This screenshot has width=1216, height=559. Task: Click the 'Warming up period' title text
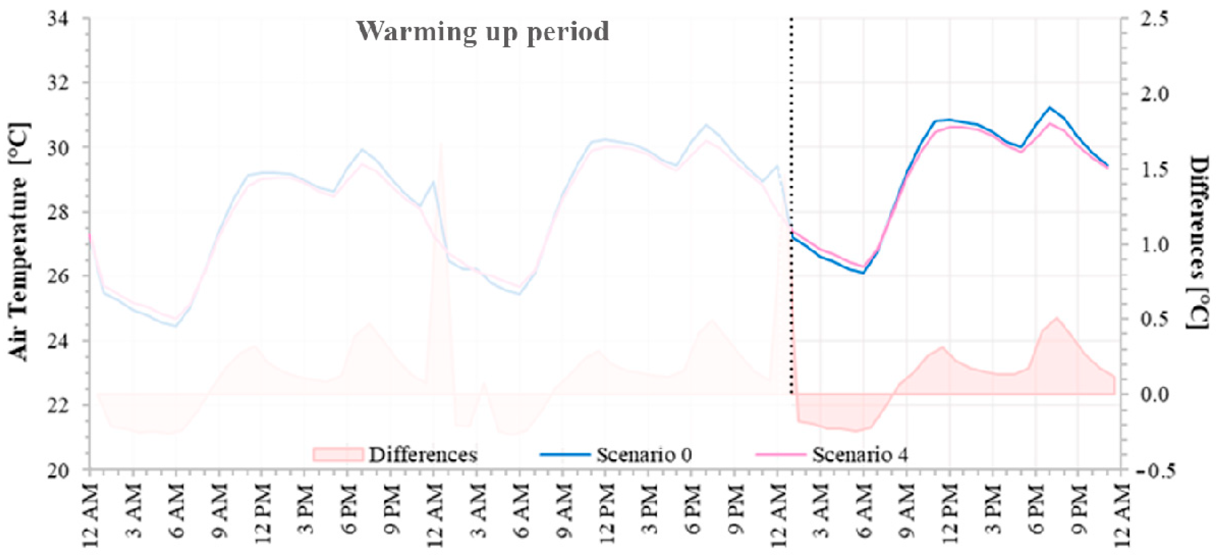(x=483, y=32)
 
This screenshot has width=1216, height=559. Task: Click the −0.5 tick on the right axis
(x=1152, y=471)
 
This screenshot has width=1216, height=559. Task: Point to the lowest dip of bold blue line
(x=863, y=273)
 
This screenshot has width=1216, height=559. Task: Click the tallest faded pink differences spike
(x=441, y=146)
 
